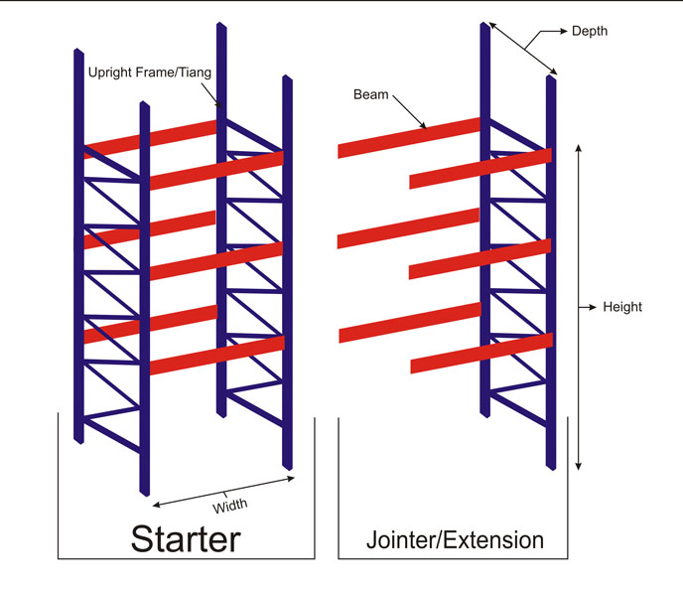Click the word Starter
point(186,538)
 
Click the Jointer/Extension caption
point(456,540)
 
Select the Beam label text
point(370,95)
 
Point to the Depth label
point(590,32)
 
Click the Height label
point(622,307)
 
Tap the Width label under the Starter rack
point(230,504)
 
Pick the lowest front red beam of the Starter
point(216,355)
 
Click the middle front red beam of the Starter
point(216,260)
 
